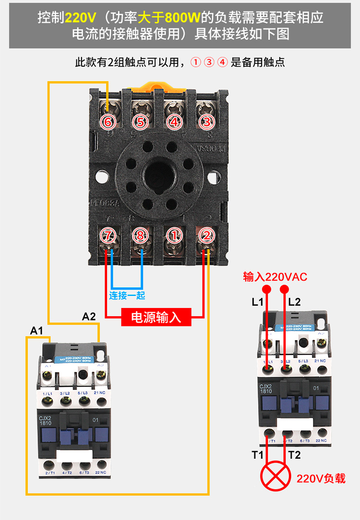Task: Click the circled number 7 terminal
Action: [108, 236]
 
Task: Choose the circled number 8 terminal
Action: [141, 236]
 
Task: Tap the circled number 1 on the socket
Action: [174, 236]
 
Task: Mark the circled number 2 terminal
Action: [206, 236]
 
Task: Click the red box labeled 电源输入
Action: [156, 317]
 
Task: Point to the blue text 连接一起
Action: [127, 295]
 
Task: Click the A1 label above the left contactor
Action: [36, 331]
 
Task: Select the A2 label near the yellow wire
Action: [89, 316]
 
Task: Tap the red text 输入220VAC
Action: [275, 277]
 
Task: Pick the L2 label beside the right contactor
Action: [294, 302]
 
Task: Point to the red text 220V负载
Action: [321, 478]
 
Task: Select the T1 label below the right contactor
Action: [258, 455]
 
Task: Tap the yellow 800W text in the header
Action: [182, 18]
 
